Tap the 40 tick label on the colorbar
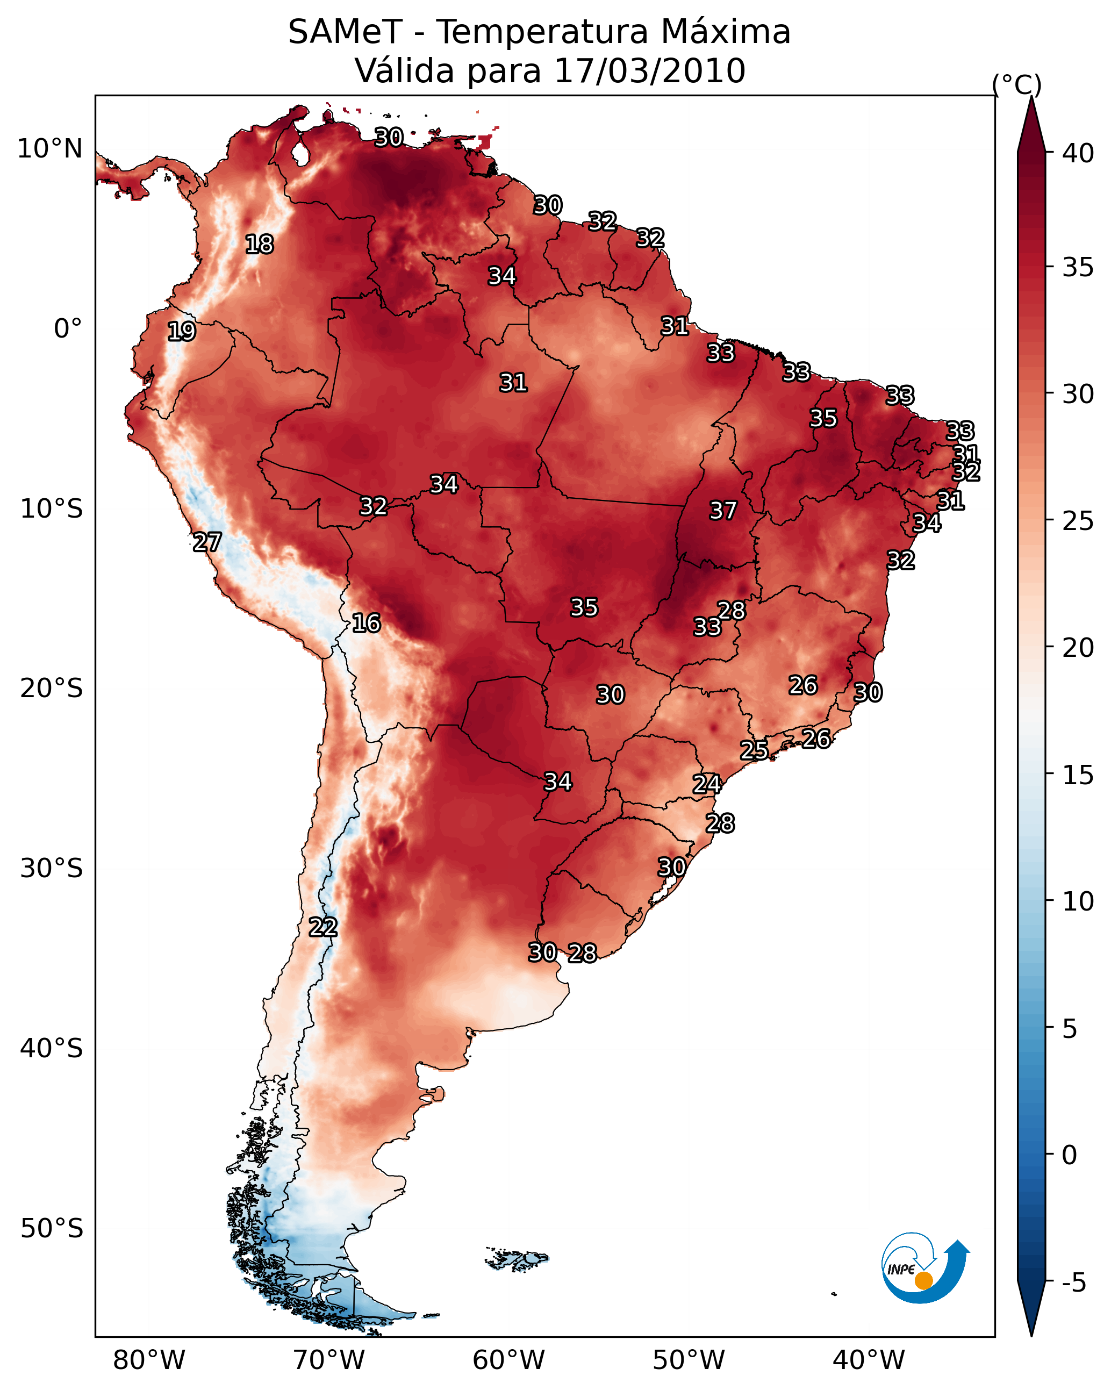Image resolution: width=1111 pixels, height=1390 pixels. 1078,153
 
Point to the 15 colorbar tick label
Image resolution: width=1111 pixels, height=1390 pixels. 1078,775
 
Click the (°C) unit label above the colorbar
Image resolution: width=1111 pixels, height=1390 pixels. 1017,84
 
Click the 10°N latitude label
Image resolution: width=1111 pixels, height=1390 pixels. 49,149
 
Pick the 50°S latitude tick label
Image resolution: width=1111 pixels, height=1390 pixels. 52,1229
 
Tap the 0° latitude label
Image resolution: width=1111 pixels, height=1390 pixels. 68,329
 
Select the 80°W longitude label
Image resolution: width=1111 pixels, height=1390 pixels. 149,1360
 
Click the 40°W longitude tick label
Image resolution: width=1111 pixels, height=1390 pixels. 869,1360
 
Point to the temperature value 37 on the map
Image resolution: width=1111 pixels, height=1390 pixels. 723,511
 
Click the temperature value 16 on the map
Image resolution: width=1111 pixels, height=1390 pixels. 366,623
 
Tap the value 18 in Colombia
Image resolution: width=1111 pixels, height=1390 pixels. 259,245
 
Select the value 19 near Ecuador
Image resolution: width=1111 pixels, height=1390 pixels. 181,332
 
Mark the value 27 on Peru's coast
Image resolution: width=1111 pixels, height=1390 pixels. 207,542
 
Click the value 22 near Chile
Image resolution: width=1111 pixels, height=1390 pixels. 323,927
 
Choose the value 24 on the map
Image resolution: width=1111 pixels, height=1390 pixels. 707,784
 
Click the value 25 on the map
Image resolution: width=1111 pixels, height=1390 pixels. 754,750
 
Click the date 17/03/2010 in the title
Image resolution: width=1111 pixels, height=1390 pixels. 649,71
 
